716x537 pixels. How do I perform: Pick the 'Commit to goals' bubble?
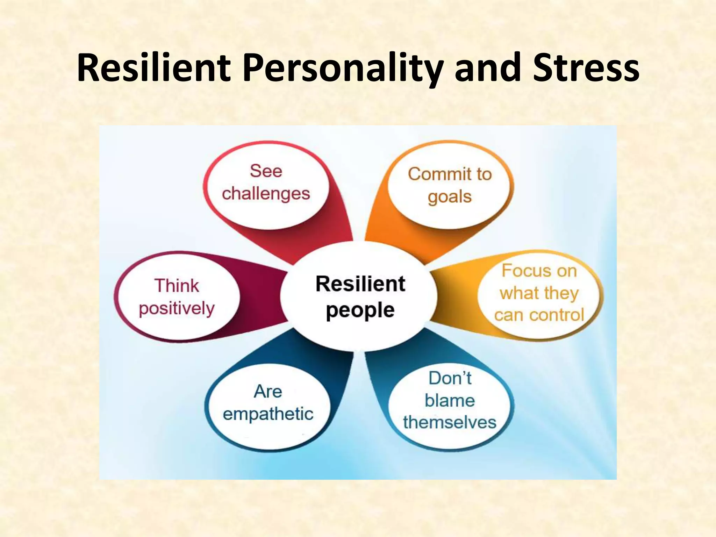pyautogui.click(x=450, y=185)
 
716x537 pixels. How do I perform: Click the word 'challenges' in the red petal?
pyautogui.click(x=266, y=193)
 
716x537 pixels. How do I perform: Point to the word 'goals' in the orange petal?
pyautogui.click(x=450, y=197)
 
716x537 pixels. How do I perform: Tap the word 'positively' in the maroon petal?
pyautogui.click(x=177, y=309)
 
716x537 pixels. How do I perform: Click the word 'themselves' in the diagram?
pyautogui.click(x=450, y=422)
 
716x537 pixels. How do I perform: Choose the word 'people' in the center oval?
pyautogui.click(x=360, y=310)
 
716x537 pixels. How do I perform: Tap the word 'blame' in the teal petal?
pyautogui.click(x=450, y=400)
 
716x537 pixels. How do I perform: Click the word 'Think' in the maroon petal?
pyautogui.click(x=177, y=286)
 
